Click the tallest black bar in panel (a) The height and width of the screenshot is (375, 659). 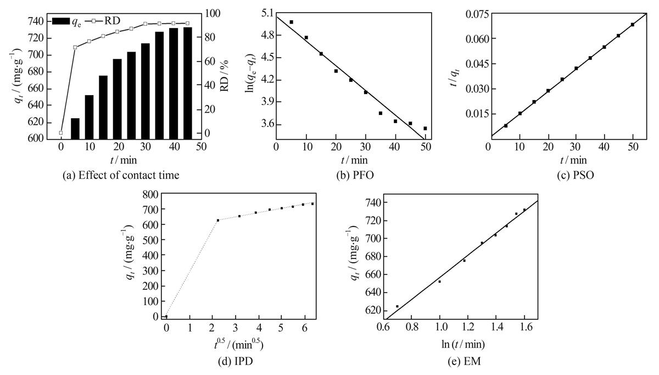tap(187, 83)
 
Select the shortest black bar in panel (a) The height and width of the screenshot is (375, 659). tap(75, 129)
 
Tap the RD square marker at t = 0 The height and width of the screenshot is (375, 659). tap(61, 133)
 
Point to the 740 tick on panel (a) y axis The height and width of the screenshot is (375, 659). tap(35, 21)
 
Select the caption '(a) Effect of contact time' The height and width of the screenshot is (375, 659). tap(121, 175)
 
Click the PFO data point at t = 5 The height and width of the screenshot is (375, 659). tap(292, 22)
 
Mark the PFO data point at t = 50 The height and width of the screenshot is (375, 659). tap(425, 129)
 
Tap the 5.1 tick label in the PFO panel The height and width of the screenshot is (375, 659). tap(267, 13)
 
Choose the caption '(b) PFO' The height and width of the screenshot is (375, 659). tap(355, 175)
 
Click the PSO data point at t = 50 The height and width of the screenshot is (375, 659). tap(633, 25)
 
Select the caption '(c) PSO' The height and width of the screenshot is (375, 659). tap(576, 175)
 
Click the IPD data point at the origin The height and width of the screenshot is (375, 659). tap(166, 316)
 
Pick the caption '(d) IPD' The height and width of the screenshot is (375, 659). tap(236, 361)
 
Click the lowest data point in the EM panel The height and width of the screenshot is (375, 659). tap(397, 306)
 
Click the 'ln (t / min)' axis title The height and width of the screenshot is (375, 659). tap(463, 344)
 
